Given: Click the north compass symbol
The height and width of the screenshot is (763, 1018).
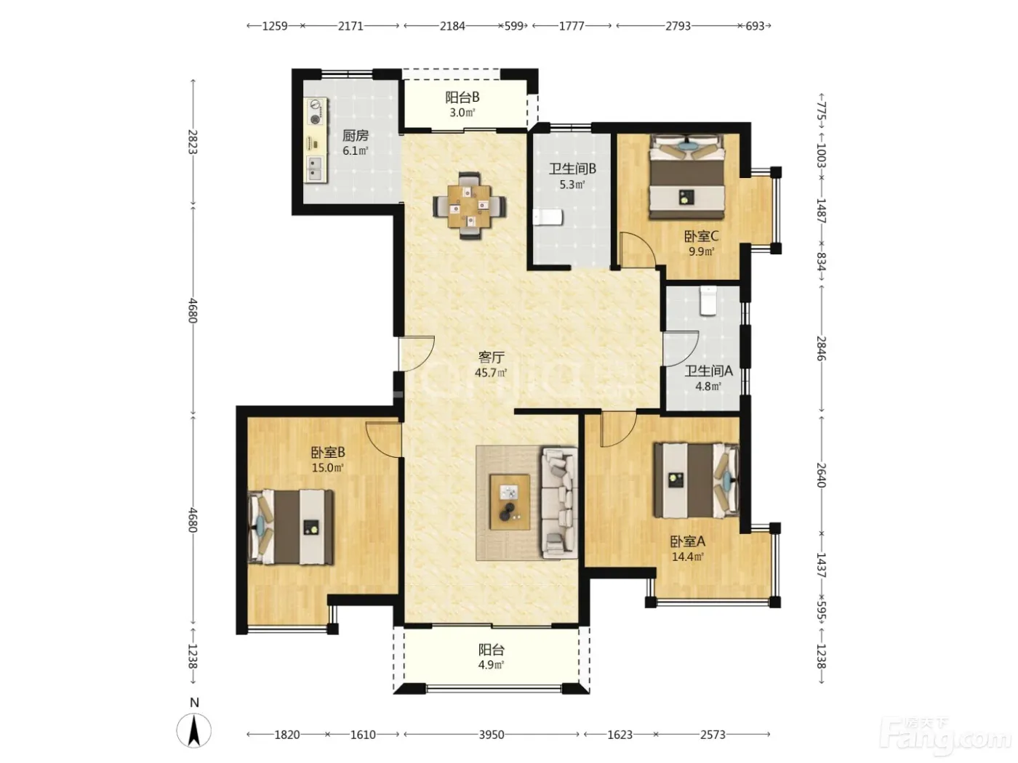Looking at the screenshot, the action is coord(194,729).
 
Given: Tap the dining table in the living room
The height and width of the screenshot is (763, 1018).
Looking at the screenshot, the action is coord(469,206).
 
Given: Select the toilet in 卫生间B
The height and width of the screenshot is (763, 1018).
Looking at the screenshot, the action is coord(548,217).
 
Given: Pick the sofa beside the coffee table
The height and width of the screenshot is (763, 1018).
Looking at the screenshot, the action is coord(559,502).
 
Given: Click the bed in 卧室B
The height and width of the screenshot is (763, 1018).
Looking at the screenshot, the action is coord(291,528).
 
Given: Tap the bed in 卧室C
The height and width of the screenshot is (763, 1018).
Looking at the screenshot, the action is coord(687,177).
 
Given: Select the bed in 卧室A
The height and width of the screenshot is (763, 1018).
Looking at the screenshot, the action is coord(696,480).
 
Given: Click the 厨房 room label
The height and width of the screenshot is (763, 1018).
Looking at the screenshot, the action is coord(356,136).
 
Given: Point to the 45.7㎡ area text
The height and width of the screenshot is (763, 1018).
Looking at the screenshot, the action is coord(491,373).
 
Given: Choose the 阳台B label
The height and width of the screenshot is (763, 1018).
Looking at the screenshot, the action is coord(462,97).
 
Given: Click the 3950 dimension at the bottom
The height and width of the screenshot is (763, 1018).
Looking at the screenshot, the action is coord(491,734).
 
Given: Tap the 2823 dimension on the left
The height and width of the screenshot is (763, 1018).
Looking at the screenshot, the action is coord(193,142).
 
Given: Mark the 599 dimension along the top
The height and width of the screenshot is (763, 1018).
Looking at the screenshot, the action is coord(514,26).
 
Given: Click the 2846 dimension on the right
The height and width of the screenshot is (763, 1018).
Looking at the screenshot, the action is coord(821,348).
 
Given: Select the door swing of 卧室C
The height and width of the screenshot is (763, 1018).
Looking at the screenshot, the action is coord(638,249).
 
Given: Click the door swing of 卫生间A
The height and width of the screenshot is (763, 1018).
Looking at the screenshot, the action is coord(681,349).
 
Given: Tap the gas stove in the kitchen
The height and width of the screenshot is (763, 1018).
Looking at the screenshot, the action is coord(316,112).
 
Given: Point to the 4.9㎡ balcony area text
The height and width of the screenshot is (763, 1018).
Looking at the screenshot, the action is coord(491,665).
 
